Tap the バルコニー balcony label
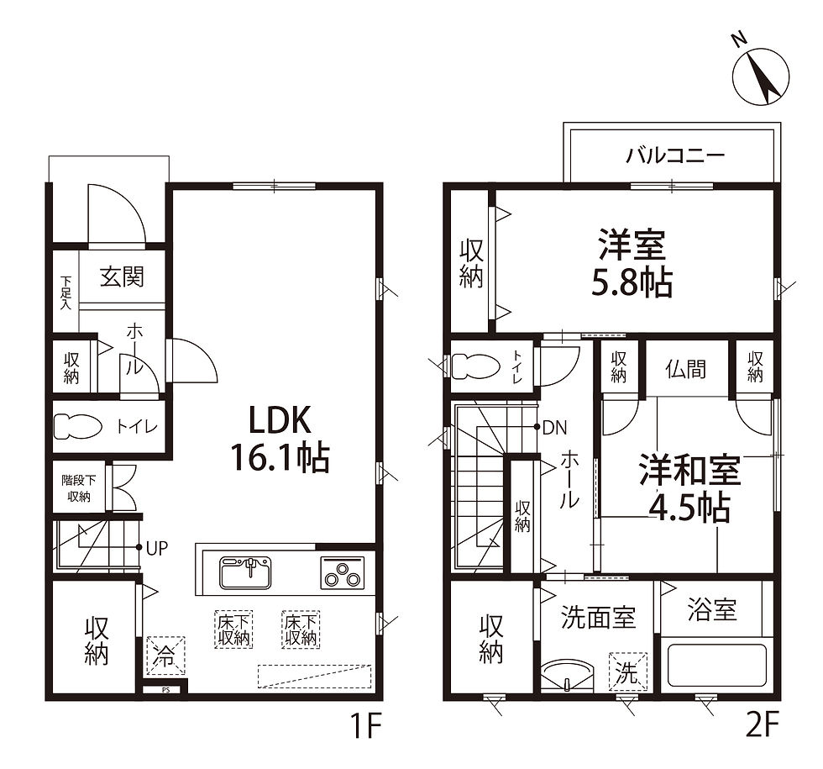675,155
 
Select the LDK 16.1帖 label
280,439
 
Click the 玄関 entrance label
122,277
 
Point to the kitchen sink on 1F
245,572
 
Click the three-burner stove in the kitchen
343,572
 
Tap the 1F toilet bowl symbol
77,426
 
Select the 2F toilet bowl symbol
475,366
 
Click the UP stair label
157,548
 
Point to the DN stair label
555,428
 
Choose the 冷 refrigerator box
165,656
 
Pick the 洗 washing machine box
628,672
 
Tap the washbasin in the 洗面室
567,676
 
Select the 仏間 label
686,369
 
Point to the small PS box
165,690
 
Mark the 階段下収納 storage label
79,488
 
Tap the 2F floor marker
763,726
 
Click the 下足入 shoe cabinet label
66,292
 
